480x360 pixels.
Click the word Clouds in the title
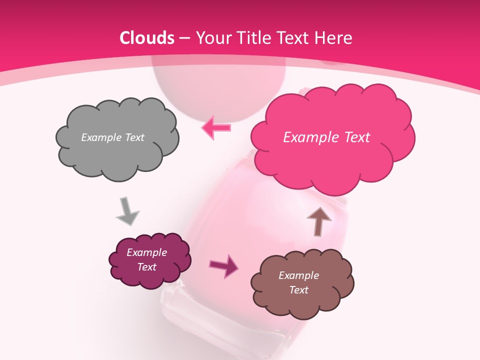147,38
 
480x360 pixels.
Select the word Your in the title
211,38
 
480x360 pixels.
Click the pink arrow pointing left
216,127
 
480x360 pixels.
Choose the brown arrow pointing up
319,221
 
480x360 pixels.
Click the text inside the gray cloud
112,137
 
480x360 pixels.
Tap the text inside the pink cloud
326,137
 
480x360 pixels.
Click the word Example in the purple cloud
146,252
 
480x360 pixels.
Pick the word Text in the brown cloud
298,290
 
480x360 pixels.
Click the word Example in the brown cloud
298,275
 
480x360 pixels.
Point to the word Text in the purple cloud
146,267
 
